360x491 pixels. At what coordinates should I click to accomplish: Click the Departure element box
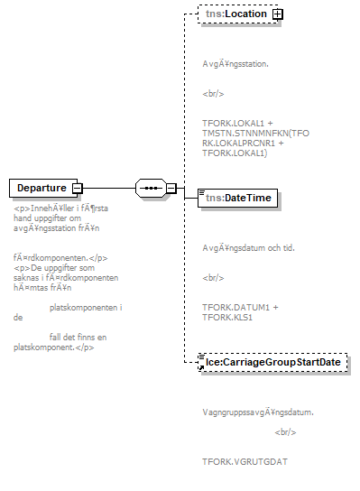41,188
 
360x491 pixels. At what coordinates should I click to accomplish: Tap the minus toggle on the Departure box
78,188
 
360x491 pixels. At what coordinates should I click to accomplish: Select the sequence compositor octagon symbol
148,188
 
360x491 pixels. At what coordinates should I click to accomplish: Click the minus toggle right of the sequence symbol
171,188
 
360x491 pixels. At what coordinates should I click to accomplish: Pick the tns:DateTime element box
237,198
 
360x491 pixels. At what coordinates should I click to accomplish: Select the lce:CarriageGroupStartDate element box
272,362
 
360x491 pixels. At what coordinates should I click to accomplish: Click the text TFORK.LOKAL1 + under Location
237,122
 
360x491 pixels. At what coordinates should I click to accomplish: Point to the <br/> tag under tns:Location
213,93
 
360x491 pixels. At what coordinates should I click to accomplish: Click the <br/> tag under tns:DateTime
213,278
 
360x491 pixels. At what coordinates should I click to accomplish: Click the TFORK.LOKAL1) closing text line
232,153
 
